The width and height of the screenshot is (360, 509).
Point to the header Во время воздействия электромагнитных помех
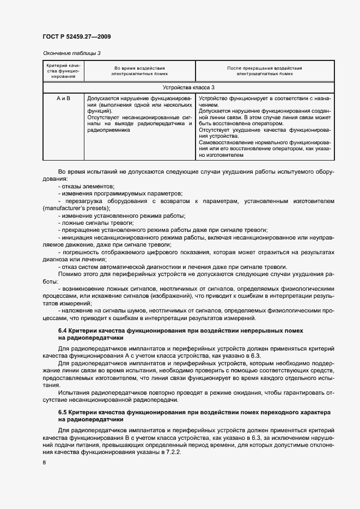pyautogui.click(x=139, y=71)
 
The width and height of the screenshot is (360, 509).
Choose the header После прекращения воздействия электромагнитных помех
pyautogui.click(x=264, y=71)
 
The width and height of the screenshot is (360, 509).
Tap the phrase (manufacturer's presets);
pyautogui.click(x=76, y=208)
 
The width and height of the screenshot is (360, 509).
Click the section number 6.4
pyautogui.click(x=63, y=330)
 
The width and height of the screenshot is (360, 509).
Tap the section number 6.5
pyautogui.click(x=63, y=413)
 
